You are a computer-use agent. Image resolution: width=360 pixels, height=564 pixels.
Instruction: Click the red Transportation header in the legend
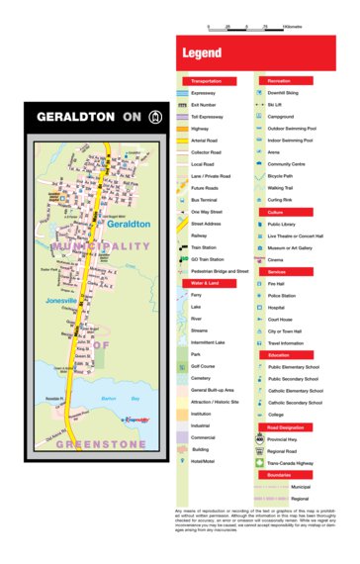(208, 80)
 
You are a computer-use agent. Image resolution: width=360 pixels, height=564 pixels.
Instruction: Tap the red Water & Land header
(208, 282)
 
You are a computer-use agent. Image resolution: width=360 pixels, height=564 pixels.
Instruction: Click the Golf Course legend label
(209, 366)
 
